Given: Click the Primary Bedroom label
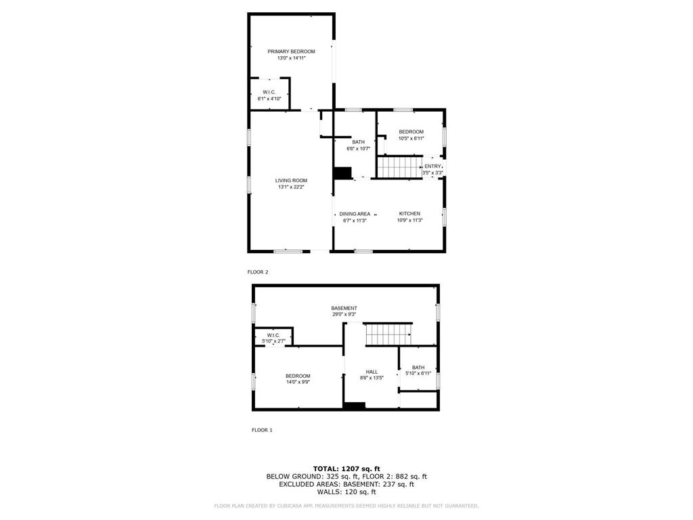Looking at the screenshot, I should (291, 51).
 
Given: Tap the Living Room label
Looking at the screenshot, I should (291, 181).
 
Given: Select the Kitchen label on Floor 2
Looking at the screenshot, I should (409, 213).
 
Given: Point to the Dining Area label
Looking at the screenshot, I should (355, 214).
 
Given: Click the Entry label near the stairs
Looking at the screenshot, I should (432, 167).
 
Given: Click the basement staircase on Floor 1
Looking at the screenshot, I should (388, 334).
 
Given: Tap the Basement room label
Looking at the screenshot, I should (344, 308).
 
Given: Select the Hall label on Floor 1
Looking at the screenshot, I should (372, 372).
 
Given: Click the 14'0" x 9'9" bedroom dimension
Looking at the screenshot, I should (298, 383).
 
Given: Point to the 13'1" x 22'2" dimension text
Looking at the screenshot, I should (291, 188).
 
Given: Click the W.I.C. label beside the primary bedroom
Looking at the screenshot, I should (269, 92).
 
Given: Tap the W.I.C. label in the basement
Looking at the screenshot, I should (273, 335).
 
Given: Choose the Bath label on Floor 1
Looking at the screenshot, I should (418, 368).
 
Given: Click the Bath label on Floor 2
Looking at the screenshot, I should (358, 142).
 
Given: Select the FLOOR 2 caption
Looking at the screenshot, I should (258, 272).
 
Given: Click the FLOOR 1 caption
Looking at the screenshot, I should (262, 430).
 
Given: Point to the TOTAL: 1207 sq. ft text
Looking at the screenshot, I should (346, 469).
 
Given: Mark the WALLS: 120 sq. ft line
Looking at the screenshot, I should (346, 492).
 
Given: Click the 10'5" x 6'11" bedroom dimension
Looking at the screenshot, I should (411, 138).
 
